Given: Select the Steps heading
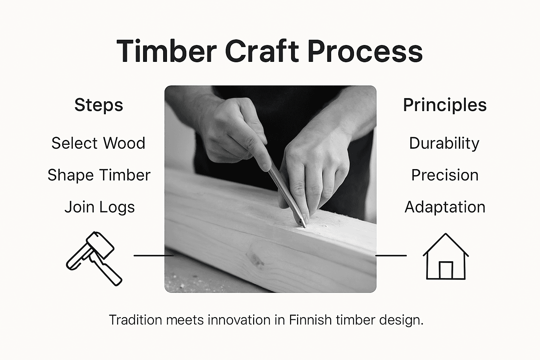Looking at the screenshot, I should [99, 105].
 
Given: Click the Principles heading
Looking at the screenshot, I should [445, 105].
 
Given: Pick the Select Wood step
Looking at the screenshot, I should [98, 143].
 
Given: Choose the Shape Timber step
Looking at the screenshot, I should [99, 175].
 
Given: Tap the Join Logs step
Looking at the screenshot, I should [99, 207].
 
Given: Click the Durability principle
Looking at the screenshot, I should [444, 143].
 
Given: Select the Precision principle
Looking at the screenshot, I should [445, 175].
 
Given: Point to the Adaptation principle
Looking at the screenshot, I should [445, 207].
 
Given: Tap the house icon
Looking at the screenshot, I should [445, 256].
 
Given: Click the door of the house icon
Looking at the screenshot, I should [446, 270].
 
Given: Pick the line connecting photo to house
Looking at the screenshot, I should [391, 256].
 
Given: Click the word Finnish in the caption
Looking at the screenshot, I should [310, 320].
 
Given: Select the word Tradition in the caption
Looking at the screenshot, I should [135, 320].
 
